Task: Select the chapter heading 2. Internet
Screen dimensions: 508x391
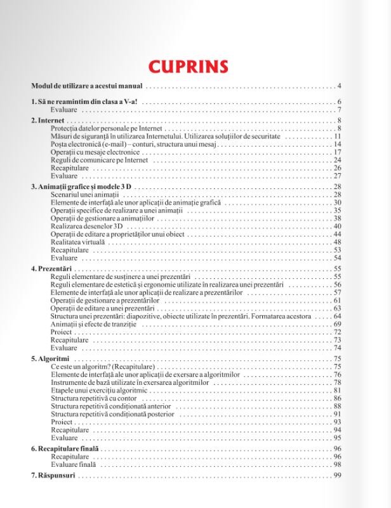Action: pyautogui.click(x=48, y=120)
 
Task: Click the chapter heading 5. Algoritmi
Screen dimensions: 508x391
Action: pyautogui.click(x=51, y=359)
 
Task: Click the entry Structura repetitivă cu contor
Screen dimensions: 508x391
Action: pyautogui.click(x=93, y=398)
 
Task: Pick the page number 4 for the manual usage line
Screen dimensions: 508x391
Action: pyautogui.click(x=340, y=86)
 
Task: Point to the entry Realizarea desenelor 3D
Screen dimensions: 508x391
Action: pyautogui.click(x=87, y=226)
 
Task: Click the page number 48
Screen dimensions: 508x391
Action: pyautogui.click(x=338, y=242)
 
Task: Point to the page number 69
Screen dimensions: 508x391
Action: pyautogui.click(x=338, y=324)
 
